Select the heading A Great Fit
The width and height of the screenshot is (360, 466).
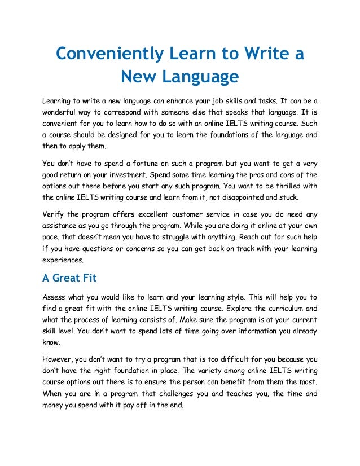click(71, 279)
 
